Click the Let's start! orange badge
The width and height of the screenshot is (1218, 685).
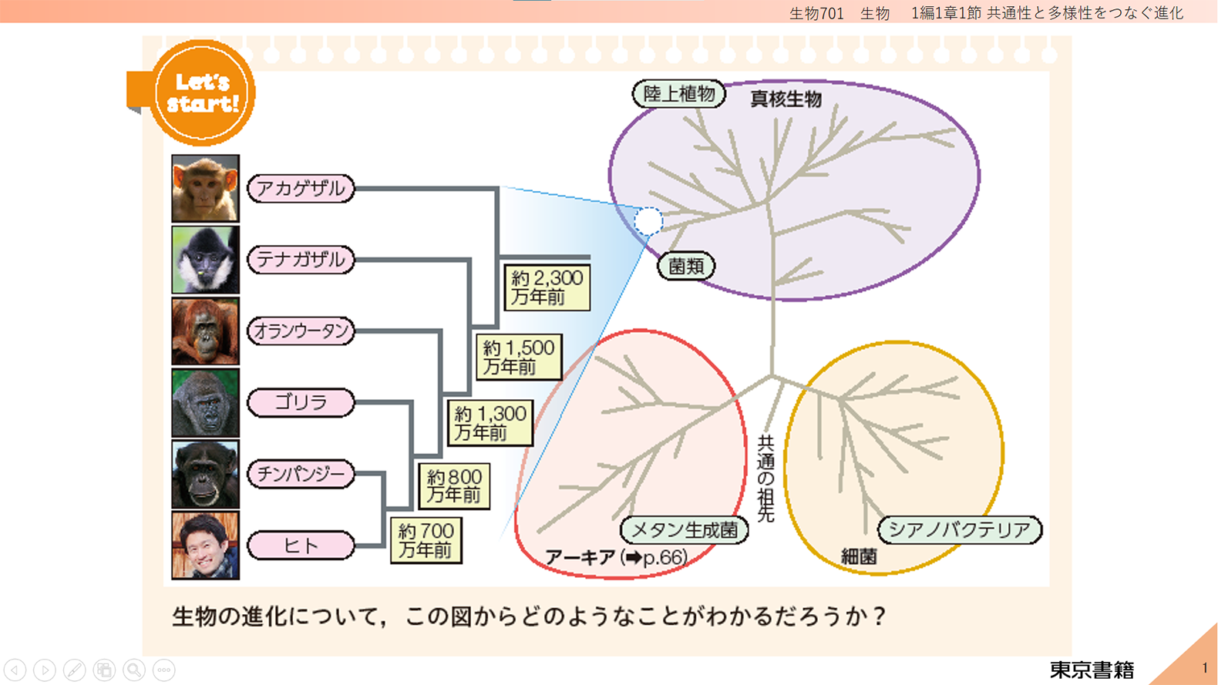[x=201, y=93]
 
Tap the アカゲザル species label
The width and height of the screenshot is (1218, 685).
[x=301, y=189]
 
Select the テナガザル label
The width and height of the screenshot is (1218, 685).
[x=301, y=260]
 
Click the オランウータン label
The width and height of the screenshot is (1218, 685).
[x=301, y=331]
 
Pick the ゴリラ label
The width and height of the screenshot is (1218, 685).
[x=301, y=402]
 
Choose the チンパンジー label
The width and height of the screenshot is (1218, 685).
[x=301, y=474]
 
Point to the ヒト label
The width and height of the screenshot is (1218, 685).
[x=301, y=546]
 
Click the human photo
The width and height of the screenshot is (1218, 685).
[x=205, y=546]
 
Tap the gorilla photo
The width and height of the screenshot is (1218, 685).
[x=205, y=403]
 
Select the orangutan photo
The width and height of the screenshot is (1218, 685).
[x=205, y=331]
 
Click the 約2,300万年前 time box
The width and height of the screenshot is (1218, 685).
[x=547, y=287]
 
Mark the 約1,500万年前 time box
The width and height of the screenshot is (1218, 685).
[x=519, y=357]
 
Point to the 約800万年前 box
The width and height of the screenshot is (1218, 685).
[x=454, y=486]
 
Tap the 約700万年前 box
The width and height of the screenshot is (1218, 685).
[x=426, y=541]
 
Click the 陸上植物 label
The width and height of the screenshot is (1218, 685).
[x=679, y=94]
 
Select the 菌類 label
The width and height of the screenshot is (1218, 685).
[x=686, y=267]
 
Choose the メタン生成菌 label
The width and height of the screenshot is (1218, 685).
[x=685, y=530]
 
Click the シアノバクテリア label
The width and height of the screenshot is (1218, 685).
[x=960, y=530]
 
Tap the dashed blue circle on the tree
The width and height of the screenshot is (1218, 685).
[x=648, y=221]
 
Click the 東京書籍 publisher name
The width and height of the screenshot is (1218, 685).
[x=1092, y=670]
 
